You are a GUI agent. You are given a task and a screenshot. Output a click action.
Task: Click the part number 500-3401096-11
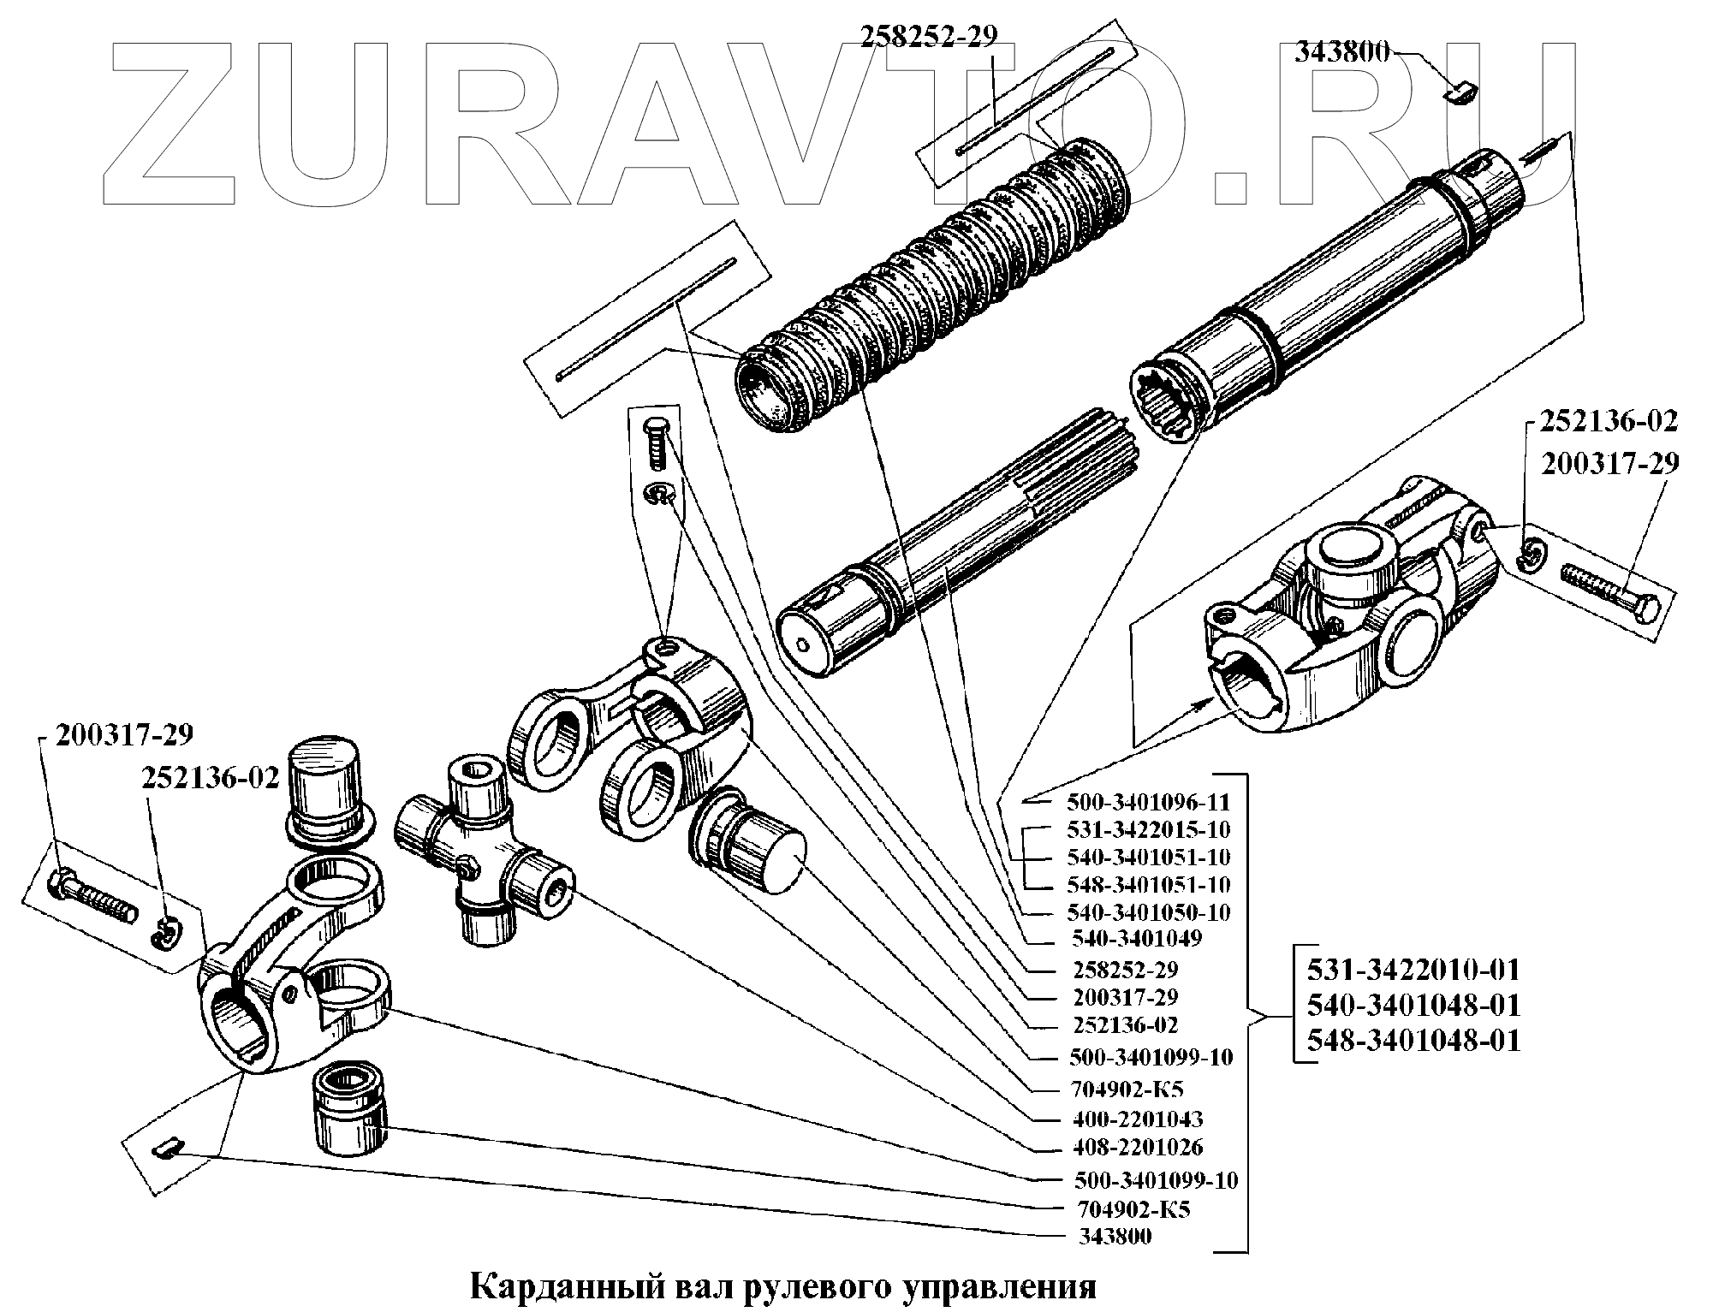pyautogui.click(x=1148, y=803)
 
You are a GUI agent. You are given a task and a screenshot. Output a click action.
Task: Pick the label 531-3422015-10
pyautogui.click(x=1148, y=830)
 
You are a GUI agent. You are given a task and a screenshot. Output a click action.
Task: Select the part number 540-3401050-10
pyautogui.click(x=1148, y=912)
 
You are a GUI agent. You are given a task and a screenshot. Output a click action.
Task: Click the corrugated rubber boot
pyautogui.click(x=933, y=282)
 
